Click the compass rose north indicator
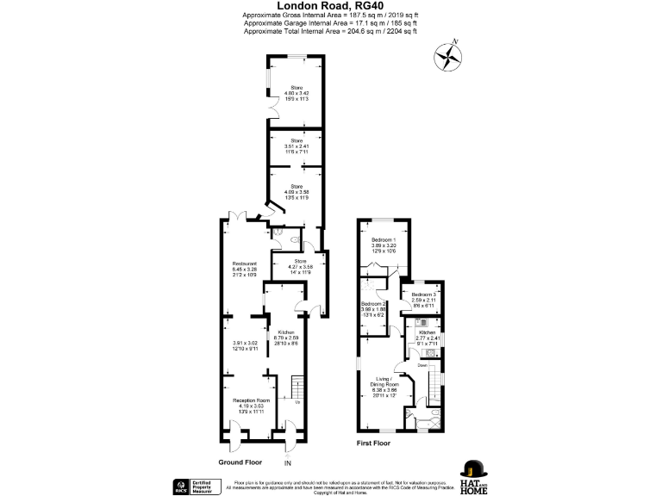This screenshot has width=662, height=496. pyautogui.click(x=448, y=57)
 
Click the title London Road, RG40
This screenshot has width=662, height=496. pyautogui.click(x=331, y=5)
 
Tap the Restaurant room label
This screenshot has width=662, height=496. pyautogui.click(x=244, y=263)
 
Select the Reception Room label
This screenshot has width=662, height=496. pyautogui.click(x=252, y=400)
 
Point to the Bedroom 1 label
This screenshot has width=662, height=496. pyautogui.click(x=384, y=239)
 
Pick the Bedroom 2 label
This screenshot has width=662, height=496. pyautogui.click(x=373, y=304)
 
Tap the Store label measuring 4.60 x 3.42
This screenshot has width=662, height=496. pyautogui.click(x=297, y=87)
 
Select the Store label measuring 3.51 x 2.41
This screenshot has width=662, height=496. pyautogui.click(x=297, y=139)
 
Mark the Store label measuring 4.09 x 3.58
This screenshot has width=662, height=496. pyautogui.click(x=297, y=186)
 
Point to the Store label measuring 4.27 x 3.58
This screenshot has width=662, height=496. pyautogui.click(x=300, y=260)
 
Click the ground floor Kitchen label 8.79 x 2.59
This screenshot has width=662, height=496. pyautogui.click(x=286, y=331)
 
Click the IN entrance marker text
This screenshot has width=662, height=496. pyautogui.click(x=288, y=464)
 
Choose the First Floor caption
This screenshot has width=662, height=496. pyautogui.click(x=373, y=443)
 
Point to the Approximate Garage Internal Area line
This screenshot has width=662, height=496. pyautogui.click(x=330, y=23)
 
